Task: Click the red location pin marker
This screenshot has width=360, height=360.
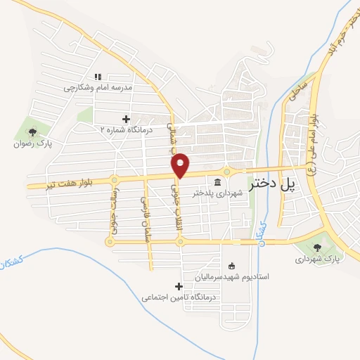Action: pyautogui.click(x=181, y=165)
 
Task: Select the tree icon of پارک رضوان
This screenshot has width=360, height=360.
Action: pyautogui.click(x=31, y=131)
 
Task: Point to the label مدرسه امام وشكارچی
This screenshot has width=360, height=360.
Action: pyautogui.click(x=98, y=88)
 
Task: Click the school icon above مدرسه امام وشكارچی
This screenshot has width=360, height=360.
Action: pyautogui.click(x=98, y=77)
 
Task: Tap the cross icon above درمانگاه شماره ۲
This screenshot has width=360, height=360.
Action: pyautogui.click(x=127, y=119)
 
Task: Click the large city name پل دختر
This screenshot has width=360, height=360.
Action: pyautogui.click(x=270, y=185)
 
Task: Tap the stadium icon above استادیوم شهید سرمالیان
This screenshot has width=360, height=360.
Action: pyautogui.click(x=232, y=266)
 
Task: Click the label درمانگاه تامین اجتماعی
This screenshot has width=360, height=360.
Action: pyautogui.click(x=177, y=298)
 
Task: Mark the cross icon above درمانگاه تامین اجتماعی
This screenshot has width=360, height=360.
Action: pyautogui.click(x=178, y=286)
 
